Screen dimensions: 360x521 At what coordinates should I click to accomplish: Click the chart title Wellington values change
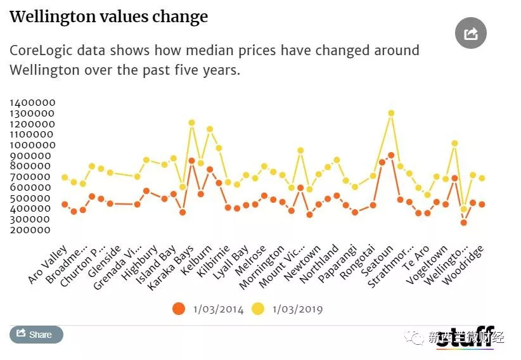click(x=108, y=16)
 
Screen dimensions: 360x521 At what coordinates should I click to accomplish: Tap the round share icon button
click(x=471, y=33)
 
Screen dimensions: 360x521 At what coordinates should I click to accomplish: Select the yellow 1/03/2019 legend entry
click(x=288, y=309)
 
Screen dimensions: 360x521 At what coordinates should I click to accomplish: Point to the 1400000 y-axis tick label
click(x=32, y=103)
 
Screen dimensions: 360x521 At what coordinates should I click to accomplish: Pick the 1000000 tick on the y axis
click(x=32, y=145)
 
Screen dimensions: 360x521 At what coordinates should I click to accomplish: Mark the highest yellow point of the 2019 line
click(x=391, y=113)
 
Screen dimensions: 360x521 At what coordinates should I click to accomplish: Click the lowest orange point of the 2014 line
click(x=463, y=222)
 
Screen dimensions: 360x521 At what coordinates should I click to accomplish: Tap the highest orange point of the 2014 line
click(x=391, y=155)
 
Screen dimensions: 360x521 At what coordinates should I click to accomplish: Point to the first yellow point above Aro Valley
click(x=65, y=177)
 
